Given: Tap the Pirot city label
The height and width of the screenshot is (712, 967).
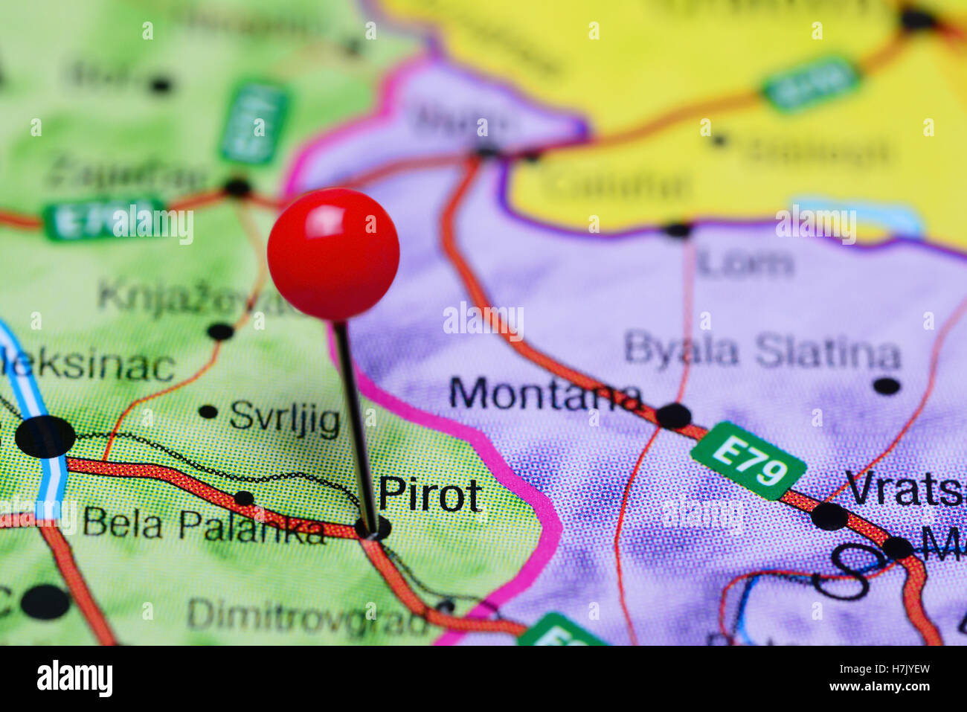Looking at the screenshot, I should (430, 494).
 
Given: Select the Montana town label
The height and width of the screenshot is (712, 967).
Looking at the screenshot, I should (545, 394).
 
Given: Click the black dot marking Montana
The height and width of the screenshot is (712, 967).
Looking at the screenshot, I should (673, 415).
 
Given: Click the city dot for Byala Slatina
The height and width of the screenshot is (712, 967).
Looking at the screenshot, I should (886, 386).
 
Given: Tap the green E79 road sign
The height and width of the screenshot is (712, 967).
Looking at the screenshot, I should (748, 461).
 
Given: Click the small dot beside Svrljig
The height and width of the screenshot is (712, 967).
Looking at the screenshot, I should (208, 411).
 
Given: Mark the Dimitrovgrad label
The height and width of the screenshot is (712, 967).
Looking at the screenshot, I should (308, 617).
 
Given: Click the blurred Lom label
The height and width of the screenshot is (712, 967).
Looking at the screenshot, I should (745, 263).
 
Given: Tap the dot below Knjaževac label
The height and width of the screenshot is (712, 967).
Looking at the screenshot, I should (220, 332).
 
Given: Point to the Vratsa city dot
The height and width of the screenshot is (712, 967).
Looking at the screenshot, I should (829, 516).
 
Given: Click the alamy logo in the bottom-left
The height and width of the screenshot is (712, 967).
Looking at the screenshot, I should (74, 679).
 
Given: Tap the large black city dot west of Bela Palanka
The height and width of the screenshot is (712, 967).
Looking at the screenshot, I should (45, 437).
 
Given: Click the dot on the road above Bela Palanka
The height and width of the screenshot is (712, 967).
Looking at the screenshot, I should (244, 498).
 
